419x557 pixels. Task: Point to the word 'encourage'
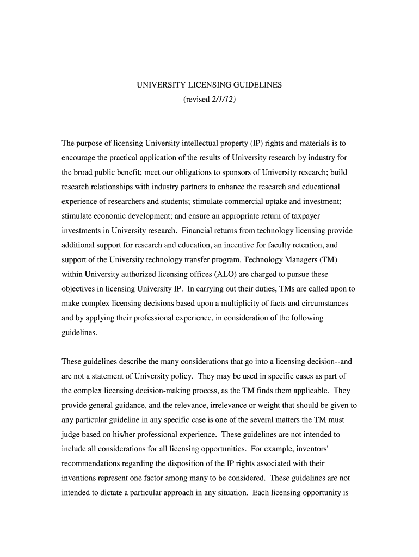pyautogui.click(x=79, y=158)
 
